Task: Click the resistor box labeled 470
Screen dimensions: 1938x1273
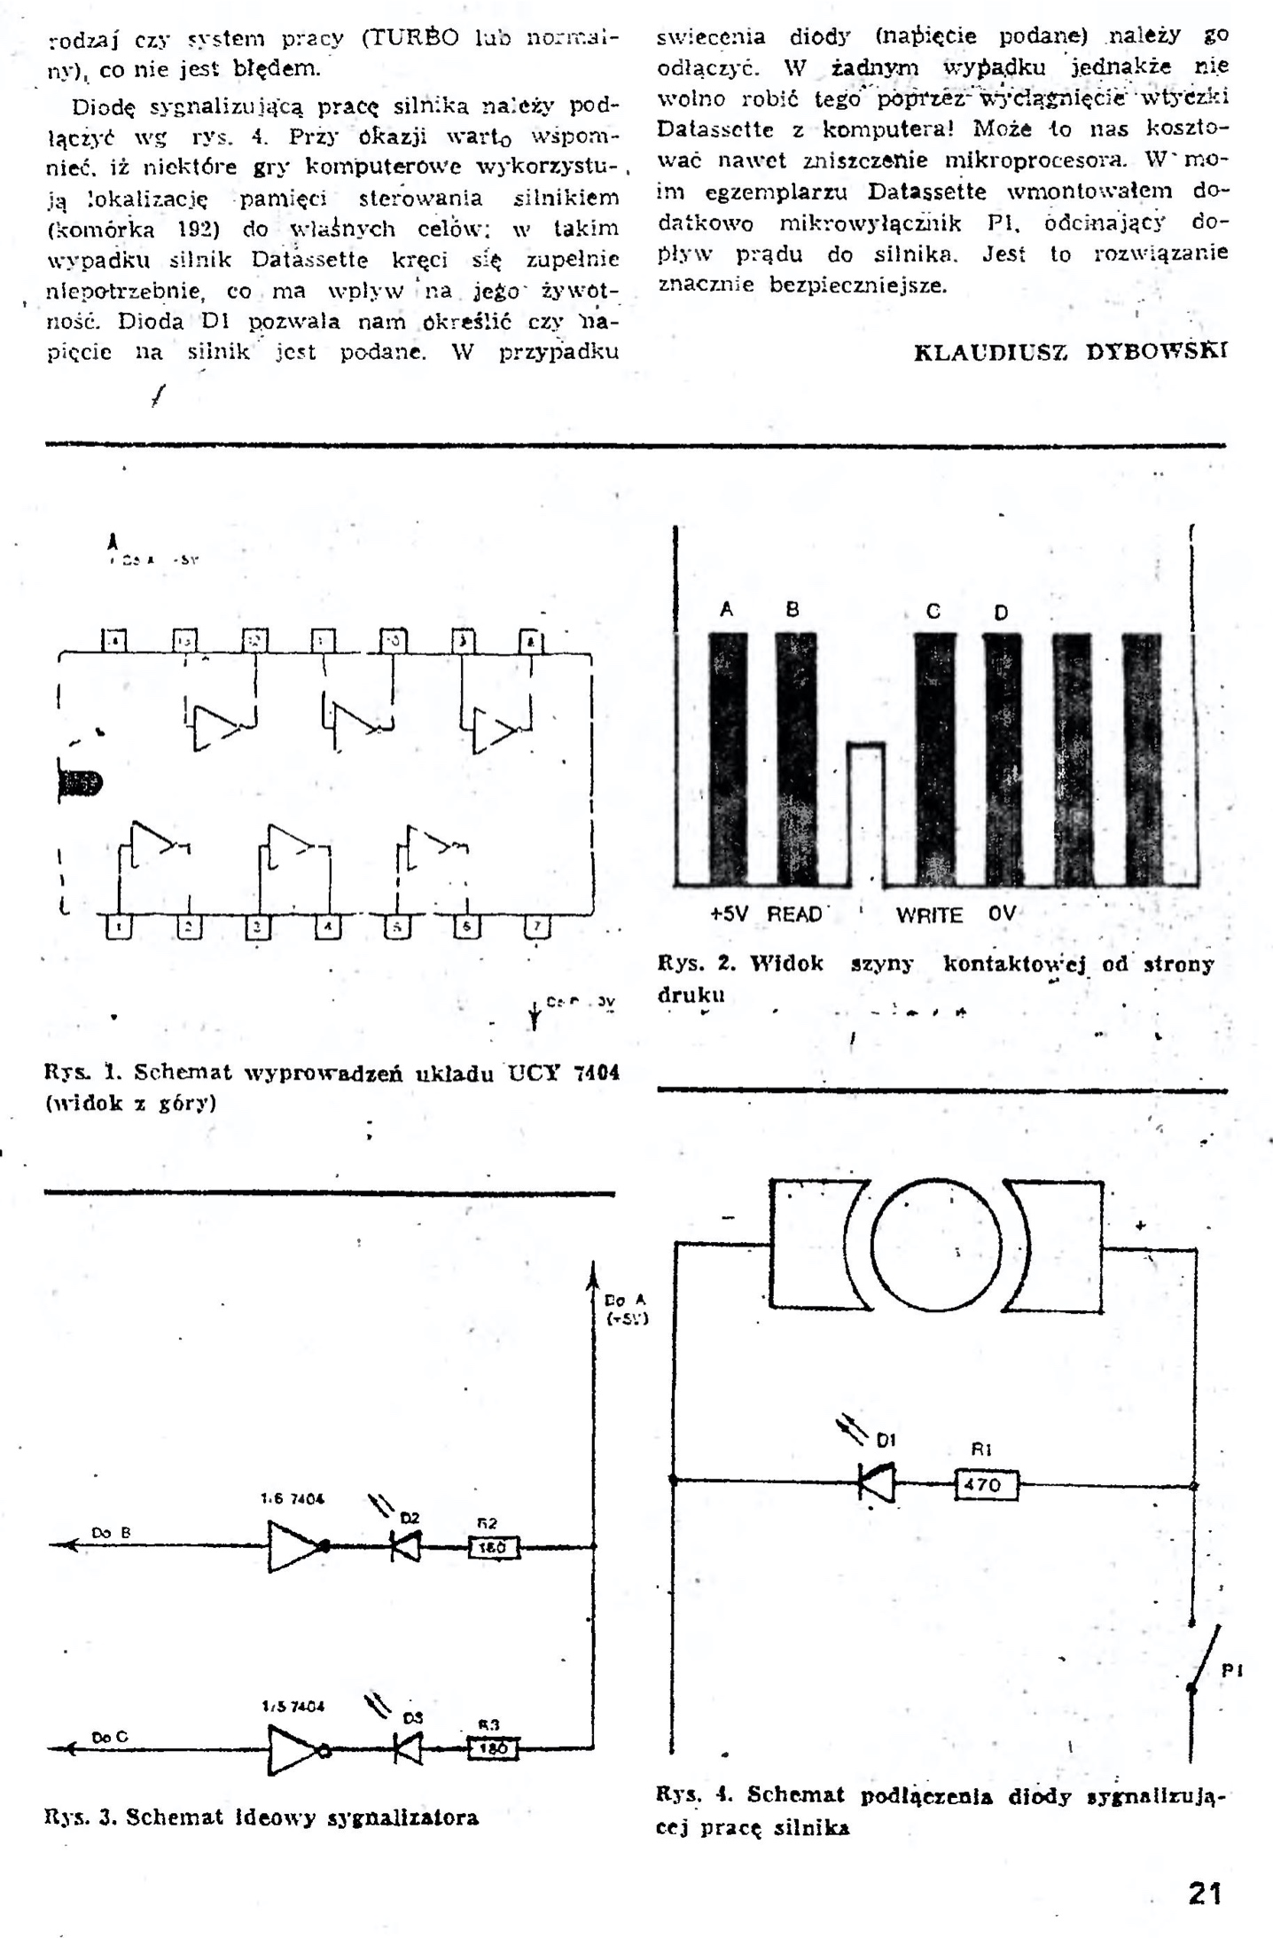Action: tap(986, 1484)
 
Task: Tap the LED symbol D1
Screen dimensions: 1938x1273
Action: tap(877, 1481)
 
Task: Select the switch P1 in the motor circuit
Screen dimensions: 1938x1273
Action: tap(1205, 1659)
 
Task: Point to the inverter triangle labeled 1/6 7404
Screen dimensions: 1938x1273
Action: tap(294, 1546)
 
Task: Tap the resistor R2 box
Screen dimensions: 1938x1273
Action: tap(493, 1547)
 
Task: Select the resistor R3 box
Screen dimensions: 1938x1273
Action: tap(491, 1749)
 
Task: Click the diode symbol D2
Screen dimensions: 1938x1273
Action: tap(406, 1547)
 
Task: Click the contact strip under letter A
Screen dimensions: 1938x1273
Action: tap(728, 758)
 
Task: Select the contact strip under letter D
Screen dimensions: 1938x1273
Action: tap(1002, 758)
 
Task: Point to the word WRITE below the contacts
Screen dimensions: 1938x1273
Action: tap(928, 915)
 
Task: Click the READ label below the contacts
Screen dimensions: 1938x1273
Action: tap(794, 914)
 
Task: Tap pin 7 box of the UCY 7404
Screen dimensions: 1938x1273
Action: tap(536, 927)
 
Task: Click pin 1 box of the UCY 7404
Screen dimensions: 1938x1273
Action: tap(119, 927)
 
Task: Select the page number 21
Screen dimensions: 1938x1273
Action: tap(1205, 1894)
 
